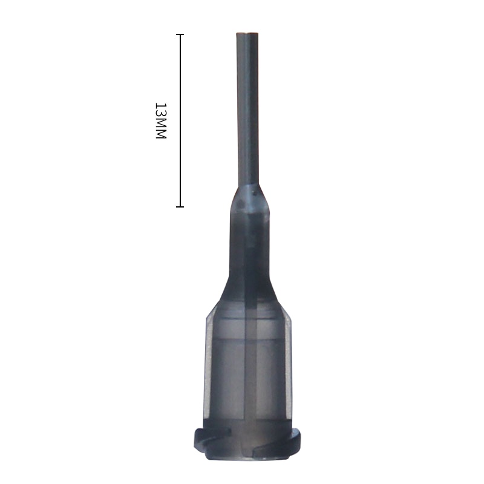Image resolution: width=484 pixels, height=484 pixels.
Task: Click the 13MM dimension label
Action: pyautogui.click(x=160, y=121)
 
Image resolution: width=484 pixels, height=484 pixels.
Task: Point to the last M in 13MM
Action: pyautogui.click(x=160, y=135)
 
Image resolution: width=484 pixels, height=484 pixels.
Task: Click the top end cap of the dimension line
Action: pyautogui.click(x=180, y=34)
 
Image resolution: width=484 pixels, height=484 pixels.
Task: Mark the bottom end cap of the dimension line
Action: pyautogui.click(x=180, y=207)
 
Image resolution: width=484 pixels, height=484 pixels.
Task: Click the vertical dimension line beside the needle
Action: pyautogui.click(x=180, y=121)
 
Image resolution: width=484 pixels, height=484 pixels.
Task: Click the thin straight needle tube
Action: pyautogui.click(x=247, y=109)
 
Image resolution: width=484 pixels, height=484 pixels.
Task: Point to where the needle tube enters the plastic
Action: pyautogui.click(x=247, y=186)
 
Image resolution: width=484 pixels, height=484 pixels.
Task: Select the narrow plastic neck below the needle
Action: pyautogui.click(x=247, y=242)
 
